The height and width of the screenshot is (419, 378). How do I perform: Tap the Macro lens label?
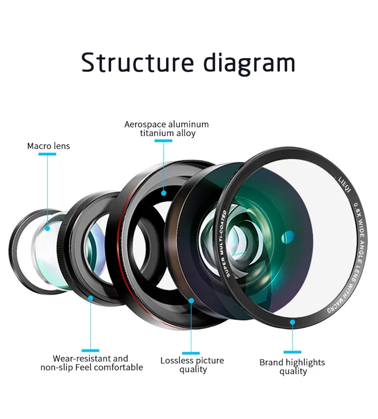(48, 146)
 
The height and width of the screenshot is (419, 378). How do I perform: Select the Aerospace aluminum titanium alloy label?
(167, 129)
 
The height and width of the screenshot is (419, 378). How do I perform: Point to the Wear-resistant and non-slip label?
(91, 363)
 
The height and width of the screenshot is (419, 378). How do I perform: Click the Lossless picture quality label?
(192, 365)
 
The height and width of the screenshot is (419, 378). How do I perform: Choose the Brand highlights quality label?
(292, 366)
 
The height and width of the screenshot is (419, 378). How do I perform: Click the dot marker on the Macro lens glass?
(48, 228)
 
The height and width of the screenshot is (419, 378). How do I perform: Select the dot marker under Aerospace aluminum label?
(164, 193)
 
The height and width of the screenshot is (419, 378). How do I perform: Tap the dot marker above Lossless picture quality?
(191, 301)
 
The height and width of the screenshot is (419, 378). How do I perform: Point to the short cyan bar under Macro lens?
(48, 154)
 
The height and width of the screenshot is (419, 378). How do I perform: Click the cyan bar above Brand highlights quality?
(292, 352)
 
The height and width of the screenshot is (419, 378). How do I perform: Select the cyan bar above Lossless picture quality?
(191, 353)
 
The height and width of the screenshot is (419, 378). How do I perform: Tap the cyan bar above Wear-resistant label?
(90, 351)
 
